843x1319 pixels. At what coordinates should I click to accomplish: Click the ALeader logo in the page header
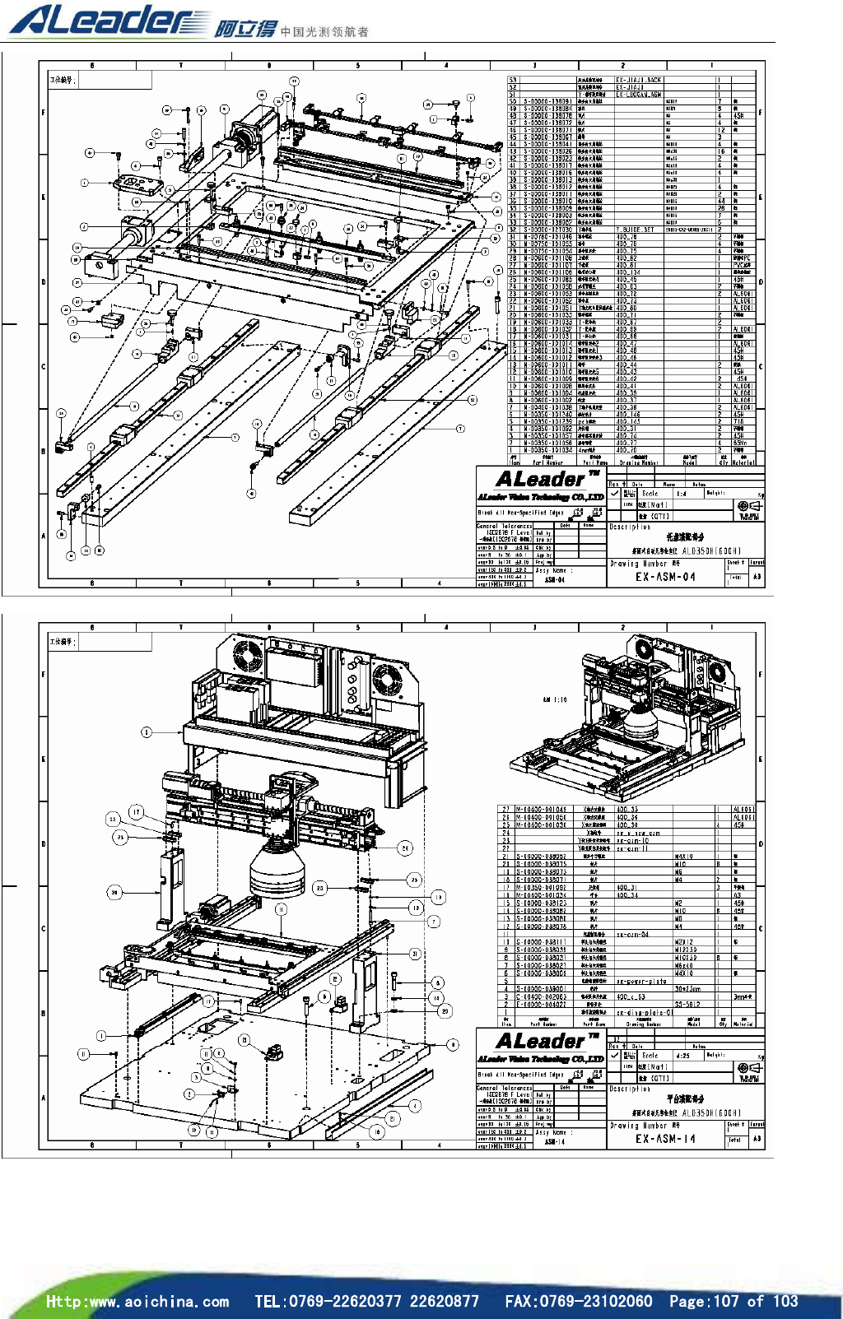pos(107,20)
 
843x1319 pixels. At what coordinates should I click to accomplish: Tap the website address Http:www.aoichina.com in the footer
pos(137,1301)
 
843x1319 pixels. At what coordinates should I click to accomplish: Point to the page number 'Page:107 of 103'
pos(733,1301)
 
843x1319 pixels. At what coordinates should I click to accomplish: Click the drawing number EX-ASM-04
pos(665,577)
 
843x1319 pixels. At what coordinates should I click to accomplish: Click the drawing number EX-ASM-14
pos(665,1139)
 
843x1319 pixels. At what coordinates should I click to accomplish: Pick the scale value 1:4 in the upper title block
pos(681,494)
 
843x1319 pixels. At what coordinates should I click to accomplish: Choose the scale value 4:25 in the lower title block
pos(682,1056)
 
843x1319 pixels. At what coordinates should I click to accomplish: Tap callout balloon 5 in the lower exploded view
pos(147,732)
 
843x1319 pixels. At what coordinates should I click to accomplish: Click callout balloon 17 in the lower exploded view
pos(136,812)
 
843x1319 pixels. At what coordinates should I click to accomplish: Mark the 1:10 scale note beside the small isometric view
pos(555,699)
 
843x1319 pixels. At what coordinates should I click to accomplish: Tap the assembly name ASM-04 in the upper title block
pos(554,579)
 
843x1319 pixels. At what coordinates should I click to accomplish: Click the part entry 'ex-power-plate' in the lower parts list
pos(641,981)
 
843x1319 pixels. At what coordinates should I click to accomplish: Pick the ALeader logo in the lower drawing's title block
pos(541,1042)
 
